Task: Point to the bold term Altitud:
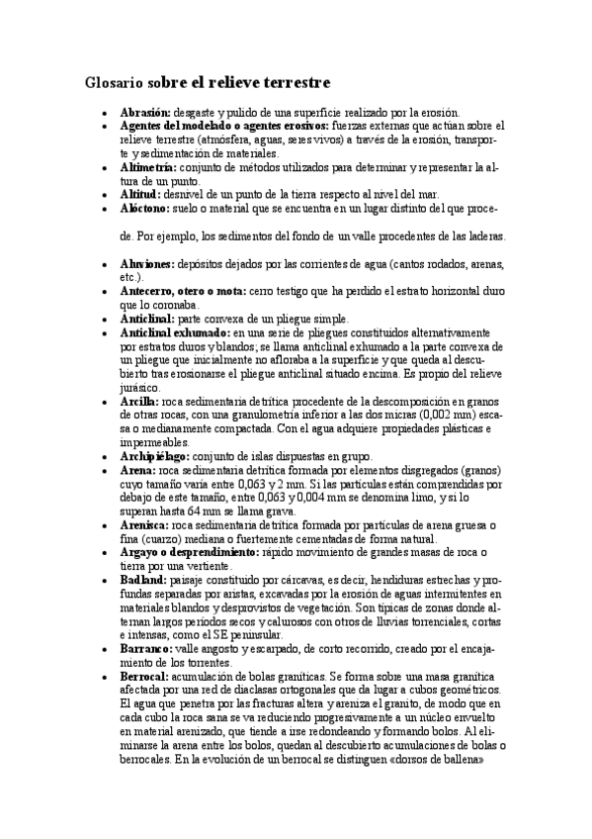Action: tap(139, 196)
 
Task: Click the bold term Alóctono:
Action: tap(144, 210)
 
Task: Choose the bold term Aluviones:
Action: tap(147, 264)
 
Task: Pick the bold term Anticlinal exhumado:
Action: tap(172, 333)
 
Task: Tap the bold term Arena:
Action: tap(137, 471)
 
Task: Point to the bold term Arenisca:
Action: tap(144, 525)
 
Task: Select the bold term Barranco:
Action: tap(145, 648)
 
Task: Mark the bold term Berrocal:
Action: tap(145, 676)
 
